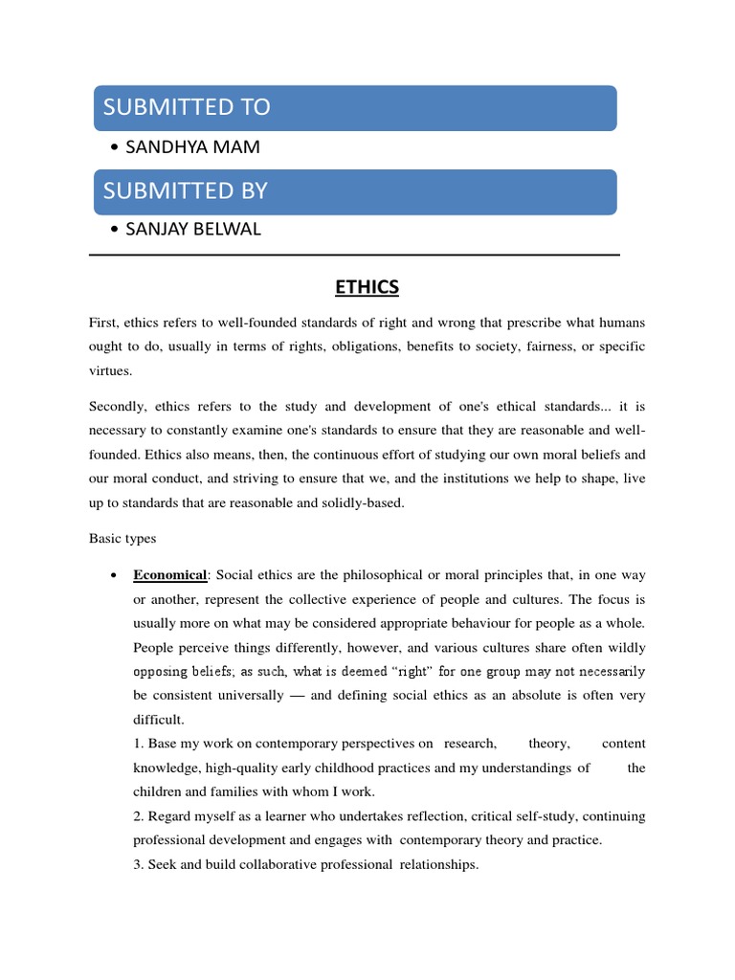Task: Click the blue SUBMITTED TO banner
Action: click(354, 107)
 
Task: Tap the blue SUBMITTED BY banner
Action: click(354, 190)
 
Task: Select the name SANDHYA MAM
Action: click(185, 147)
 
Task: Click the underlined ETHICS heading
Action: click(367, 287)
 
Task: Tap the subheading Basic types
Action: click(122, 539)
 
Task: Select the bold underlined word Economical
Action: click(169, 575)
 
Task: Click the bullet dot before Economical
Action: click(114, 575)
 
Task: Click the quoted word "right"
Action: click(410, 671)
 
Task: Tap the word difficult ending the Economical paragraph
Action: click(157, 719)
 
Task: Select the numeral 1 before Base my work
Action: click(137, 744)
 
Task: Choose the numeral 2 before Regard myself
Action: click(137, 816)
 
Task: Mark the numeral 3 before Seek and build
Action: click(137, 865)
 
